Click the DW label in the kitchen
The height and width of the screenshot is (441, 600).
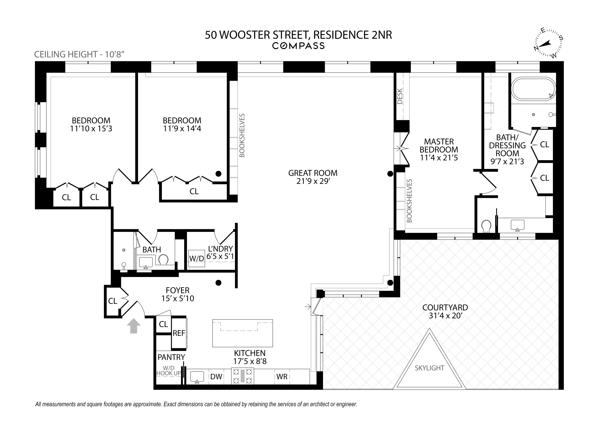pyautogui.click(x=216, y=376)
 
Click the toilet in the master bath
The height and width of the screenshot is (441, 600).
pyautogui.click(x=486, y=226)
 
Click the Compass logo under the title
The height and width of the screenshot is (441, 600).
pyautogui.click(x=298, y=46)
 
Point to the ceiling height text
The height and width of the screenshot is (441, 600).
pyautogui.click(x=80, y=54)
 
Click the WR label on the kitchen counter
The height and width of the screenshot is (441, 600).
pyautogui.click(x=282, y=376)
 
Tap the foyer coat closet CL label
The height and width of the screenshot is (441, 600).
pyautogui.click(x=112, y=301)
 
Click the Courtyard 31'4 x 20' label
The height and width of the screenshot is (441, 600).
pyautogui.click(x=445, y=311)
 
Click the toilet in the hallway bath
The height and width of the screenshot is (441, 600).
pyautogui.click(x=163, y=259)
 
